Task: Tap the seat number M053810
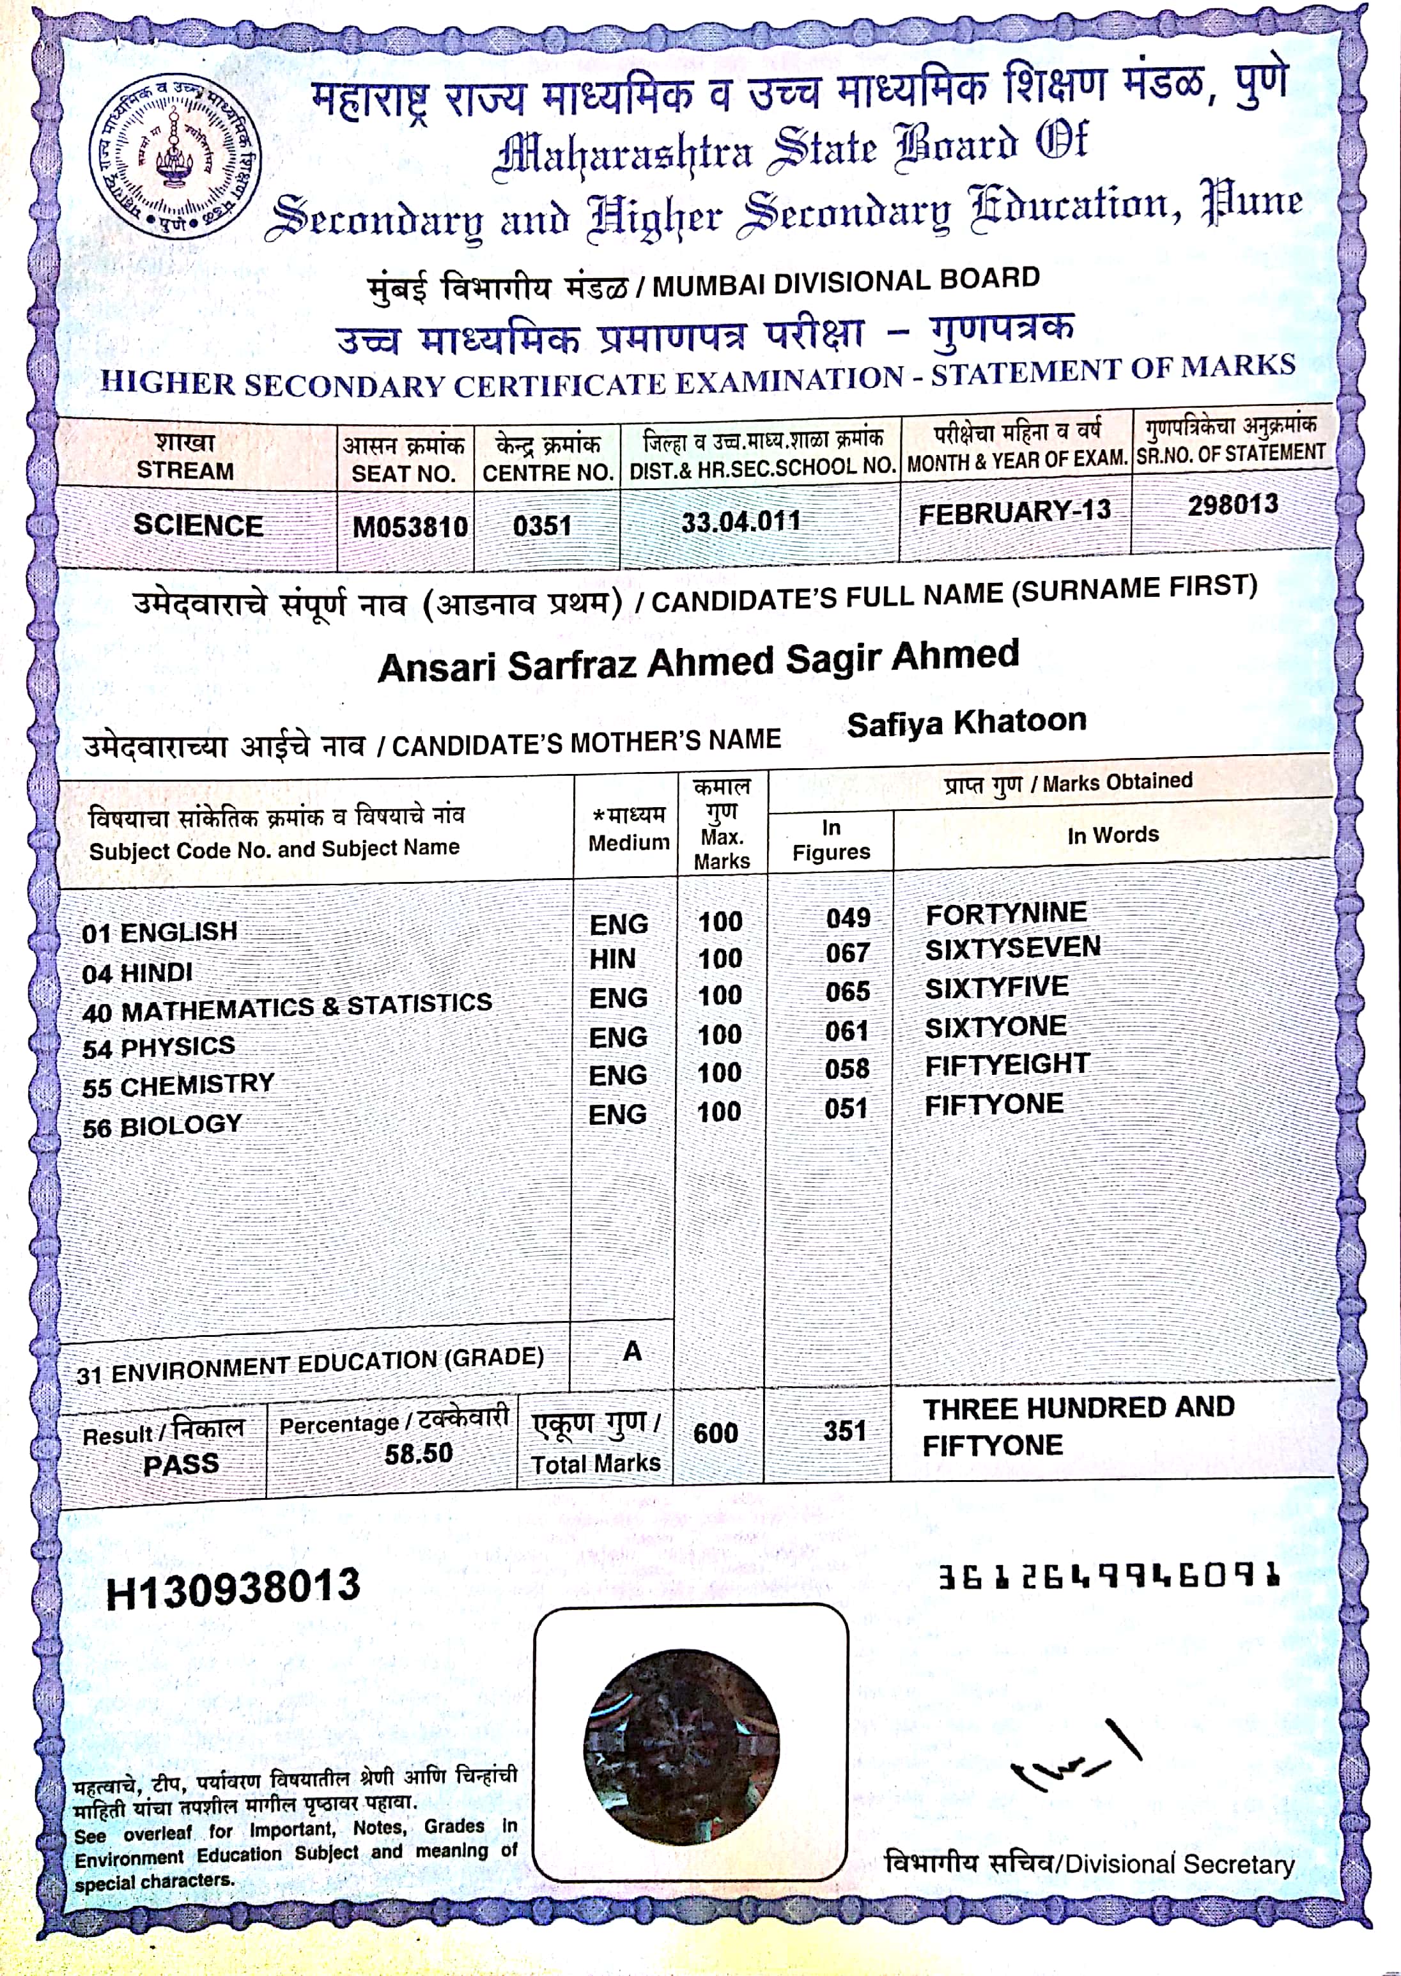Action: click(x=410, y=525)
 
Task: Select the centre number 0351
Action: click(x=543, y=525)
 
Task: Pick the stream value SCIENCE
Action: click(x=197, y=525)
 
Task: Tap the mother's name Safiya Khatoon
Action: click(x=966, y=723)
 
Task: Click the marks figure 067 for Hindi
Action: click(x=847, y=953)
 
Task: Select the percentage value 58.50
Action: click(x=419, y=1453)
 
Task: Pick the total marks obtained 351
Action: click(x=844, y=1432)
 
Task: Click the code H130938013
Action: click(x=233, y=1589)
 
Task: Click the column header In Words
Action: click(x=1113, y=835)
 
